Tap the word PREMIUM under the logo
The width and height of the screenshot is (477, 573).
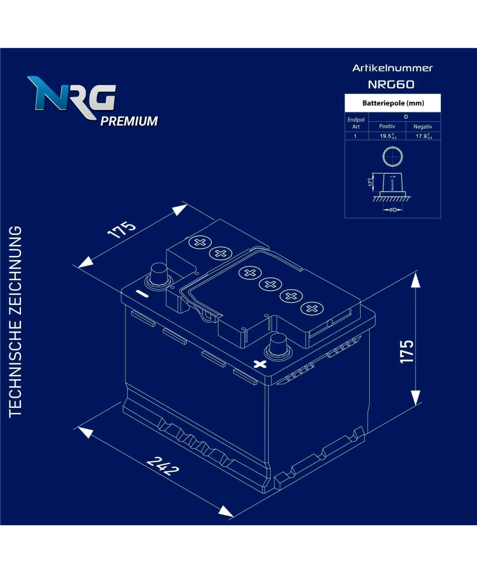tap(129, 121)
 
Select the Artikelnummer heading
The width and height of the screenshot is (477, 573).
tap(393, 68)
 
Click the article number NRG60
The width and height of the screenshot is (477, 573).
tap(391, 85)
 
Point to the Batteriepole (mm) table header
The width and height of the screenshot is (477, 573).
tap(393, 103)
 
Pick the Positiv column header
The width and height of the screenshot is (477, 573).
tap(387, 127)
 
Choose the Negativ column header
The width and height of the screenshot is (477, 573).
tap(423, 127)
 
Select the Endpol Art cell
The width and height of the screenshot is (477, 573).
tap(356, 123)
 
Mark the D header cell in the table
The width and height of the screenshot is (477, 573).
tap(405, 117)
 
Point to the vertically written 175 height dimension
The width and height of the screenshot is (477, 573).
tap(406, 351)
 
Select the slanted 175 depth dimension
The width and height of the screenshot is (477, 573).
tap(122, 230)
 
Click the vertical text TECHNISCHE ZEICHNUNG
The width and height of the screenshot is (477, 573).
tap(16, 320)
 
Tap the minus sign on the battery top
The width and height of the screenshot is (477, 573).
tap(142, 294)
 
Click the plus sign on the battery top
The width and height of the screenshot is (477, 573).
tap(260, 364)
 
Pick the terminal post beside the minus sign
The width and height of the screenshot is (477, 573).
tap(159, 276)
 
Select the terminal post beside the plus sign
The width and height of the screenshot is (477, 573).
tap(278, 346)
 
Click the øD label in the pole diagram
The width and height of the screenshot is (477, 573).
tap(393, 210)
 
